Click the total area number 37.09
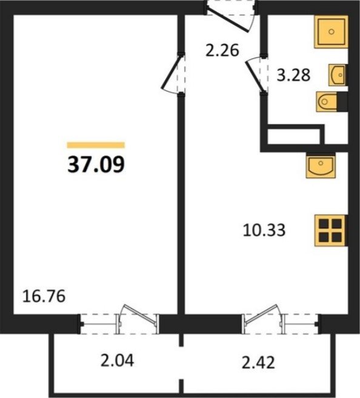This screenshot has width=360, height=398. pos(96,164)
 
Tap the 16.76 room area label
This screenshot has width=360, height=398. pos(44,296)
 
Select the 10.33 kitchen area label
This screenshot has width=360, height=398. pos(264,230)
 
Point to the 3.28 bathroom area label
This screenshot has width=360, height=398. pos(293,75)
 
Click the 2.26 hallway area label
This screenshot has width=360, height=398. pos(222,50)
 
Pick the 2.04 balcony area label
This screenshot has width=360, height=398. pos(117,360)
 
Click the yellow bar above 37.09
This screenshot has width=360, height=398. pos(96,145)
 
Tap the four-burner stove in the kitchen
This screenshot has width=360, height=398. pos(331,230)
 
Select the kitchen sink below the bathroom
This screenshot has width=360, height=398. pos(321,165)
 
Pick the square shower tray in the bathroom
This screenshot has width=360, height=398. pos(331,32)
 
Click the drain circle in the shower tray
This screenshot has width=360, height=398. pos(332,32)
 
